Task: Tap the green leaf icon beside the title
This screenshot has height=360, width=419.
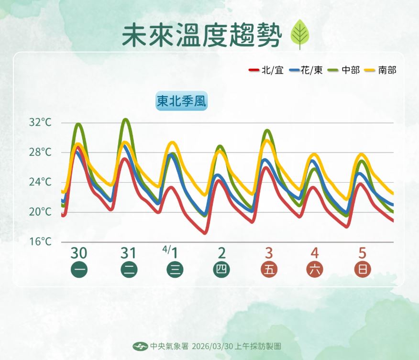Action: pyautogui.click(x=300, y=34)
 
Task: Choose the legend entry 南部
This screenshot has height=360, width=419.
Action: pyautogui.click(x=382, y=70)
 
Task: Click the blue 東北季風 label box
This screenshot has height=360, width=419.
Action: pyautogui.click(x=182, y=101)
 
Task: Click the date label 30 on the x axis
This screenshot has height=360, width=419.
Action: pyautogui.click(x=79, y=252)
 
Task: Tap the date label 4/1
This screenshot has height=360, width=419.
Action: pyautogui.click(x=171, y=251)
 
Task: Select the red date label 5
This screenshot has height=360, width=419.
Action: pyautogui.click(x=363, y=252)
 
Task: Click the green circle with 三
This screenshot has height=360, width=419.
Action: pyautogui.click(x=175, y=270)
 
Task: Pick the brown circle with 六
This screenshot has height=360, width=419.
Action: pyautogui.click(x=316, y=270)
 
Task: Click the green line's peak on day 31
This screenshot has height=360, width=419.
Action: pyautogui.click(x=125, y=120)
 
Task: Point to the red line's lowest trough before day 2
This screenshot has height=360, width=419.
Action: pyautogui.click(x=205, y=233)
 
